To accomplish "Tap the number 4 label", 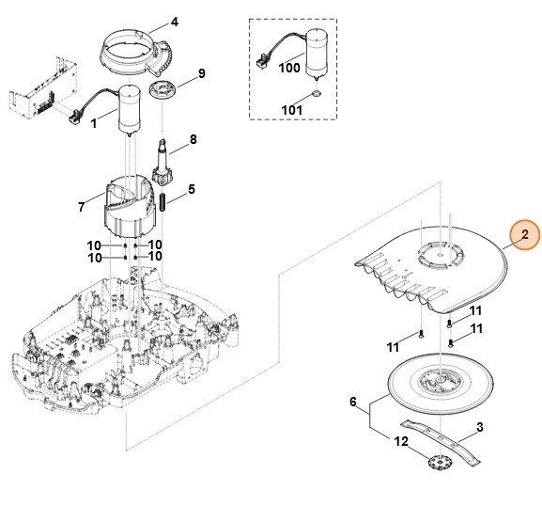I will click(173, 21).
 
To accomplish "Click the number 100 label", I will click(289, 69).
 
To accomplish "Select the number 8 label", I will click(194, 139).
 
